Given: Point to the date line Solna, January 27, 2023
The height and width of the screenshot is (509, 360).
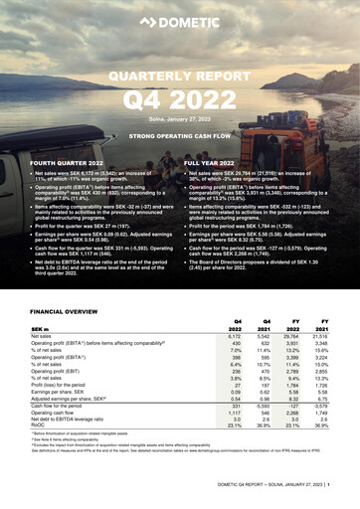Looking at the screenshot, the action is pos(179,117).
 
